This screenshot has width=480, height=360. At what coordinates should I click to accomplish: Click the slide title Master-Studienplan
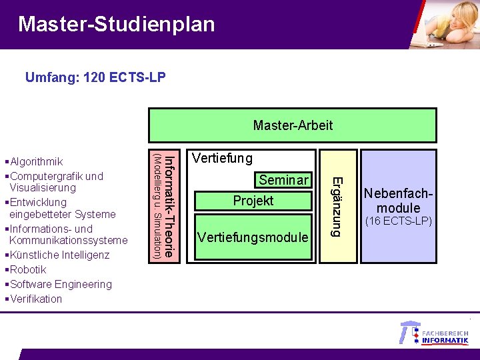pos(117,25)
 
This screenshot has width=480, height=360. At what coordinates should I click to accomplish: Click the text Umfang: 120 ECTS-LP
pos(95,78)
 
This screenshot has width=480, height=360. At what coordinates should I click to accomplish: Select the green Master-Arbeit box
pos(293,125)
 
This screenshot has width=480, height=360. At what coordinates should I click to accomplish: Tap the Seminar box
pos(284,180)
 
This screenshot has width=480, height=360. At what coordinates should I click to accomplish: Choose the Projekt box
pos(253,201)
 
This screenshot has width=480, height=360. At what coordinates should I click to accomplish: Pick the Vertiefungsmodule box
pos(253,237)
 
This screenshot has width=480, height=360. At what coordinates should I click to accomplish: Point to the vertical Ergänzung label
pos(337,205)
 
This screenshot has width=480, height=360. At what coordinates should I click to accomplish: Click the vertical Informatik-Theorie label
pos(169,205)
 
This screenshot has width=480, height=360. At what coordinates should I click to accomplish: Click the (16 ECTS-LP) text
pos(398,221)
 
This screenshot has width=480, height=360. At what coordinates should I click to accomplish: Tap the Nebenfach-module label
pos(398,201)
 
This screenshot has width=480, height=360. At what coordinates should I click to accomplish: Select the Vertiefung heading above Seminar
pos(222,158)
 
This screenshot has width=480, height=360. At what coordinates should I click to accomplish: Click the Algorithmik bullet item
pos(37,161)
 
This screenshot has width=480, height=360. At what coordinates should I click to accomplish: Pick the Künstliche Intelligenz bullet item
pos(59,255)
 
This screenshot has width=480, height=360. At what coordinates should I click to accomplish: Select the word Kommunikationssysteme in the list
pos(68,240)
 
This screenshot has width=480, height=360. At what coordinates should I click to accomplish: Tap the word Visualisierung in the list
pos(43,187)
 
